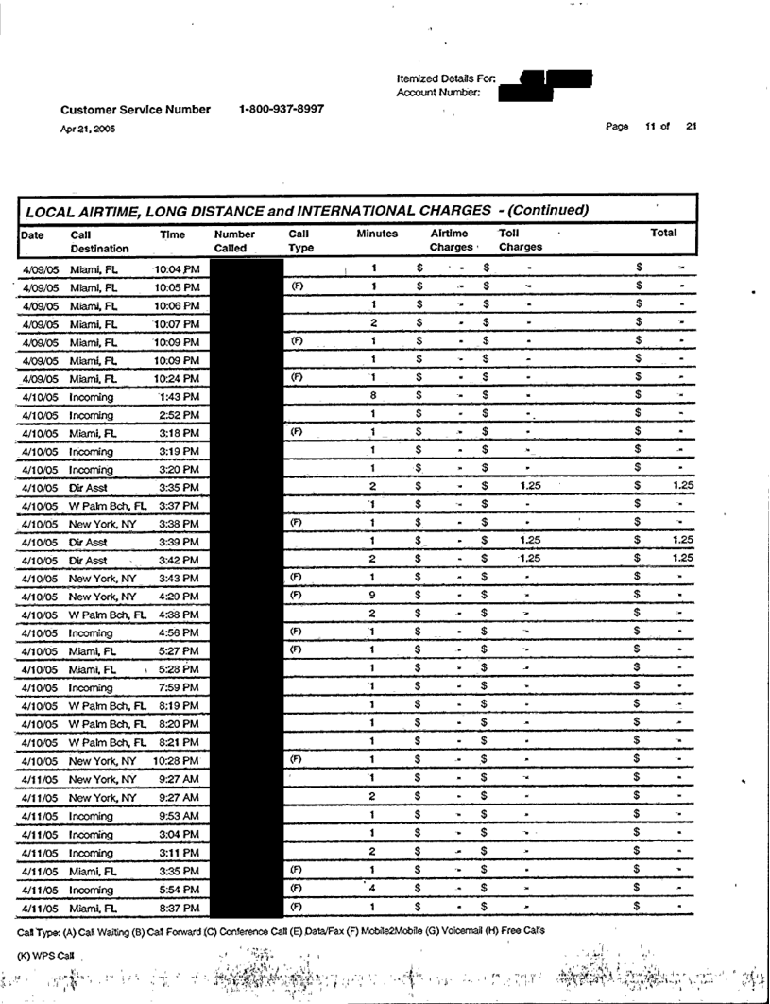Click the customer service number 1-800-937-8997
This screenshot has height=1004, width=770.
point(282,109)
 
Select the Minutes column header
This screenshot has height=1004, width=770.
point(377,232)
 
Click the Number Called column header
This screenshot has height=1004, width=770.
point(236,240)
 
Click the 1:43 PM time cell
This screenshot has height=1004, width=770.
point(180,396)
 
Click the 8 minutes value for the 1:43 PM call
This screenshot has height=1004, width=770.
point(374,395)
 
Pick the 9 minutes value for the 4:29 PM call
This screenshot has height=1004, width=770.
point(374,596)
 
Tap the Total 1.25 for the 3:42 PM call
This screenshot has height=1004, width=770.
point(683,558)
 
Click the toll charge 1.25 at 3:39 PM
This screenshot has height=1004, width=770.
point(531,540)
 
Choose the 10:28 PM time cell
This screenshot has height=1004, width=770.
point(176,761)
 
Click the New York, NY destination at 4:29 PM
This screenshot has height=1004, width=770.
point(104,597)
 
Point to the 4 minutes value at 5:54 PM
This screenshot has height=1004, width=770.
point(374,886)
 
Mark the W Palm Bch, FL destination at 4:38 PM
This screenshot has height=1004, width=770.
point(109,615)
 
